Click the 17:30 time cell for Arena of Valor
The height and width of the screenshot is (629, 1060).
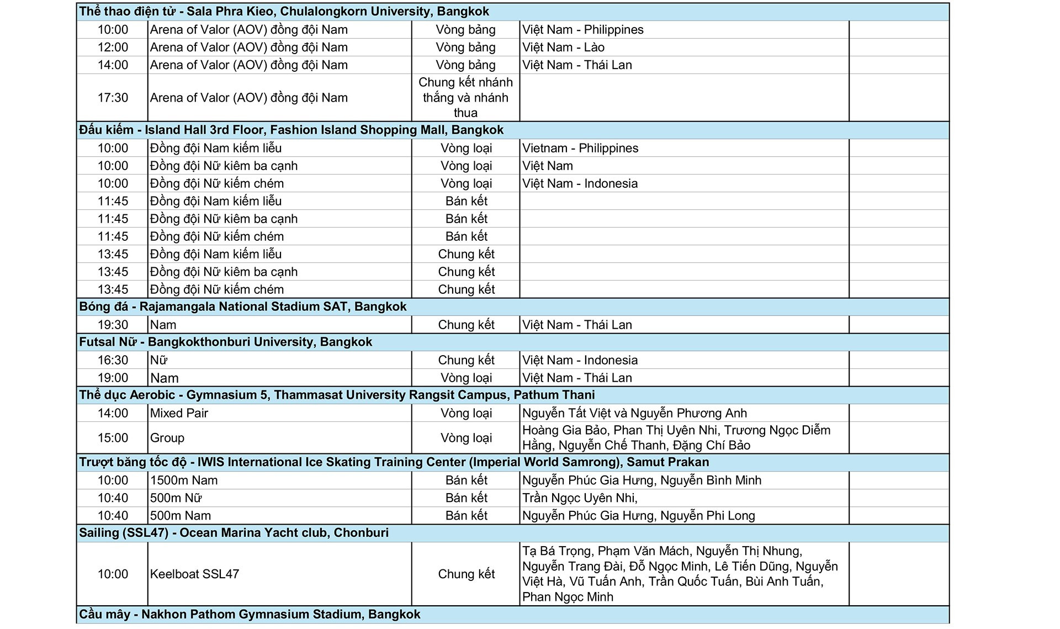[x=113, y=98]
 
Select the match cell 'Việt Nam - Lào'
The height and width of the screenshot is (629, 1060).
[x=563, y=47]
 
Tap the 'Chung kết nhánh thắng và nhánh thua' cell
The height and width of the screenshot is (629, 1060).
[x=465, y=98]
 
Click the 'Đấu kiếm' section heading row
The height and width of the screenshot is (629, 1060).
[x=291, y=130]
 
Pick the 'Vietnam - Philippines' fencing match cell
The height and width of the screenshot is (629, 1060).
[x=580, y=148]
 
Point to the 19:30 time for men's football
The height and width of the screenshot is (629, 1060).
[x=113, y=325]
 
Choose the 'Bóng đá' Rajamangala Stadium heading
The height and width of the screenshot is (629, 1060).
[x=243, y=307]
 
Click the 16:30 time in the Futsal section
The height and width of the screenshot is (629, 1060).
[x=113, y=360]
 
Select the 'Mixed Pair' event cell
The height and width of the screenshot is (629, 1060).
[x=179, y=413]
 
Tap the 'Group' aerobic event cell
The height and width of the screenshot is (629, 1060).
[x=167, y=438]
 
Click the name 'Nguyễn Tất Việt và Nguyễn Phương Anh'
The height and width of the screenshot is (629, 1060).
[x=634, y=413]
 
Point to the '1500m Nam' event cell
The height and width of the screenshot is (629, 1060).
[x=184, y=480]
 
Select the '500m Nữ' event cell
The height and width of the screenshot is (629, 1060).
[x=176, y=498]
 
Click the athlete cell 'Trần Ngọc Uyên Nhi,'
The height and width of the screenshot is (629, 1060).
[x=580, y=498]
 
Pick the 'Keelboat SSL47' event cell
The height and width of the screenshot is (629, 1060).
[x=194, y=574]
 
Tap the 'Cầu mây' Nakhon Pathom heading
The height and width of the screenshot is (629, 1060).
[x=250, y=615]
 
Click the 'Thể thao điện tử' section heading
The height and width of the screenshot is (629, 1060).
[x=284, y=12]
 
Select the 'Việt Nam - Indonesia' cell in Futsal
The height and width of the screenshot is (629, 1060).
[x=580, y=360]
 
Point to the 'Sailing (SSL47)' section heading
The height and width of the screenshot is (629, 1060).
[x=234, y=533]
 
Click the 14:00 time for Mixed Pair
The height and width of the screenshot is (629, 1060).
[x=113, y=413]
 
